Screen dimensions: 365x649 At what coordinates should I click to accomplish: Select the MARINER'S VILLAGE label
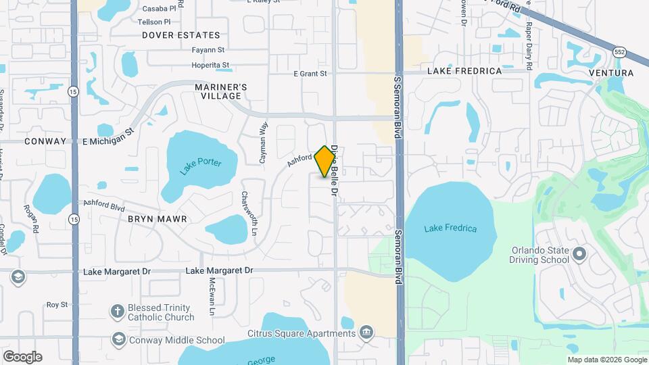pos(221,91)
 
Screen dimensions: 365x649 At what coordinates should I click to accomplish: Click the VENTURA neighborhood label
pos(611,72)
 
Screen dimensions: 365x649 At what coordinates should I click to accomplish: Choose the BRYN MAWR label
pos(157,220)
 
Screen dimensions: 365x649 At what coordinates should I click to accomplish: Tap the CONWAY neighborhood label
pos(45,141)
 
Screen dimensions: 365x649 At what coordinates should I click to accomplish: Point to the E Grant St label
pos(310,73)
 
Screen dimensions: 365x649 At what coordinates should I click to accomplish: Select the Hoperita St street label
pos(211,66)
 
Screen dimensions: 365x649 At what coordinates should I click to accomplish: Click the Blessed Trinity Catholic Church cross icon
pos(118,311)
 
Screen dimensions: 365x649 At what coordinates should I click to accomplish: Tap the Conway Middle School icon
pos(119,339)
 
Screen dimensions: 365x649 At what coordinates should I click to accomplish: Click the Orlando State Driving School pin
pos(579,255)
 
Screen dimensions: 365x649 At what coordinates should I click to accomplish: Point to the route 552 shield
pos(620,52)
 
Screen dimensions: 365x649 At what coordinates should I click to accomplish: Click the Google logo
pos(22,357)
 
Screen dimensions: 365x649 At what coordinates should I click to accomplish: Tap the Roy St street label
pos(57,305)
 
